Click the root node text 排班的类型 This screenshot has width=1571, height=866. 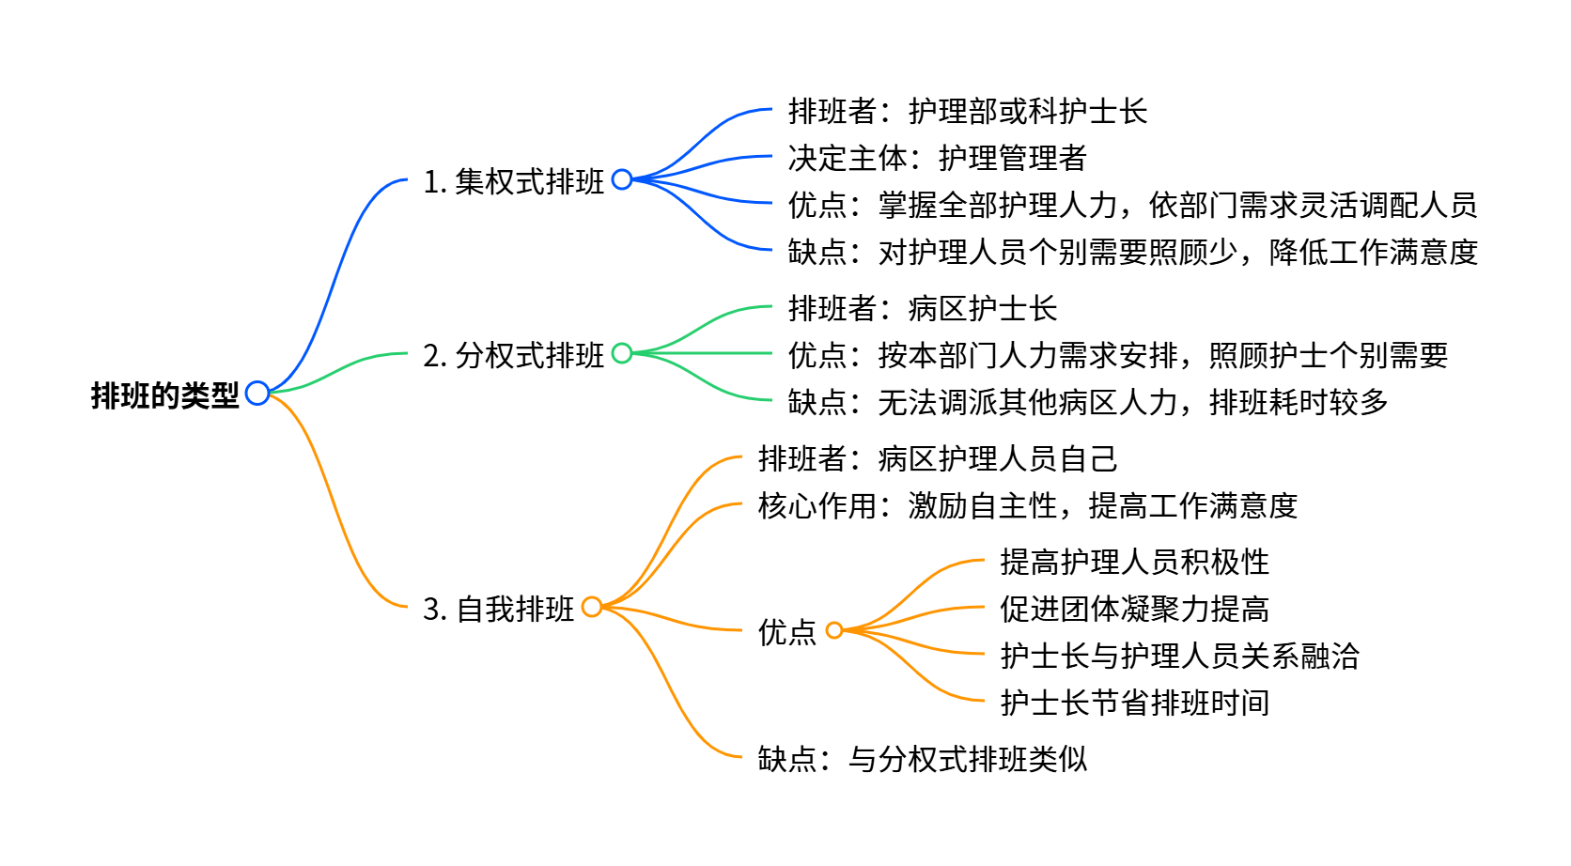point(164,395)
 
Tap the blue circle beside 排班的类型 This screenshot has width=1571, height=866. point(257,394)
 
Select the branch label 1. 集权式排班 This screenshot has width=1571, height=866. point(513,181)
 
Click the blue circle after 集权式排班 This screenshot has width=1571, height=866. point(622,179)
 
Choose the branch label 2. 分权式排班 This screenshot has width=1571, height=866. point(513,355)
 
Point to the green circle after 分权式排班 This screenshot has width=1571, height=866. point(622,353)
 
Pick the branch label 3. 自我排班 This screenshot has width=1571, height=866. point(498,609)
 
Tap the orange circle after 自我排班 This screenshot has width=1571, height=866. point(592,607)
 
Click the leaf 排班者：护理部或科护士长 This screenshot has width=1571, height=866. point(967,111)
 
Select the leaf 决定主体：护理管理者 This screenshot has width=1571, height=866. point(937,158)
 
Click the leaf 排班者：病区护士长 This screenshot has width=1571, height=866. point(922,308)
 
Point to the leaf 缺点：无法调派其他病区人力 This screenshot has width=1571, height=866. point(1087,402)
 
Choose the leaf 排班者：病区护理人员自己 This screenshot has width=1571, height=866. point(937,458)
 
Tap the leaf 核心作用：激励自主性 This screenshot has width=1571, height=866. point(1027,505)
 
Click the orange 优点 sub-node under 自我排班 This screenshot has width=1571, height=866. point(786,632)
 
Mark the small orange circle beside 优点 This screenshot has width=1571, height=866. point(834,630)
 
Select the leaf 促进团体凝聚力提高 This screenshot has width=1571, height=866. point(1134,609)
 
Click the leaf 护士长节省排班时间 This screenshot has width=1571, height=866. point(1134,703)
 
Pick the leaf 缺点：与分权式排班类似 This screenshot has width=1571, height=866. point(922,759)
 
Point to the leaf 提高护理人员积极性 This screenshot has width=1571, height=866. point(1134,562)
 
